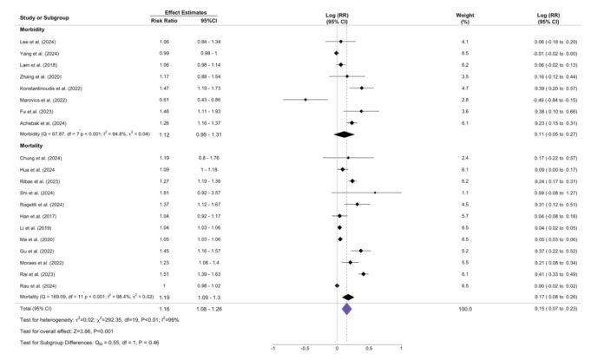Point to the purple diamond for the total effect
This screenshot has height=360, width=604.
pos(346,307)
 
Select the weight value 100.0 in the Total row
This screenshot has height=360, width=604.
pos(466,307)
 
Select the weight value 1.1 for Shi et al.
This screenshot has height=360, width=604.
pos(466,193)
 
